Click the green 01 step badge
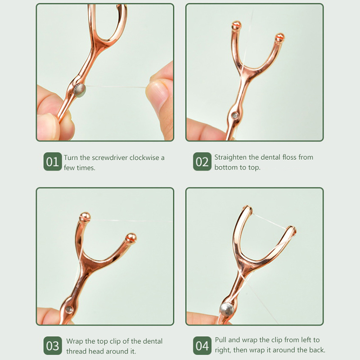(x=53, y=162)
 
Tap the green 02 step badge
(x=202, y=162)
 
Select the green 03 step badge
(x=53, y=346)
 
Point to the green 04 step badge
(x=202, y=346)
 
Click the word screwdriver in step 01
(x=109, y=158)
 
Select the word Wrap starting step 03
(x=75, y=342)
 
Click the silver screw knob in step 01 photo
(x=80, y=90)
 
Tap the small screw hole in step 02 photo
(x=234, y=116)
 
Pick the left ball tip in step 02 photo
(x=236, y=25)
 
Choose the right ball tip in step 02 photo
(x=279, y=37)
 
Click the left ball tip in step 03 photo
(x=85, y=217)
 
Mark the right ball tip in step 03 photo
(x=131, y=238)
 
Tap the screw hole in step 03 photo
(x=69, y=309)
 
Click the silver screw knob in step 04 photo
(x=227, y=309)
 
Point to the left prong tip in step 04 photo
(x=248, y=208)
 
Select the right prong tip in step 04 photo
(x=291, y=229)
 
